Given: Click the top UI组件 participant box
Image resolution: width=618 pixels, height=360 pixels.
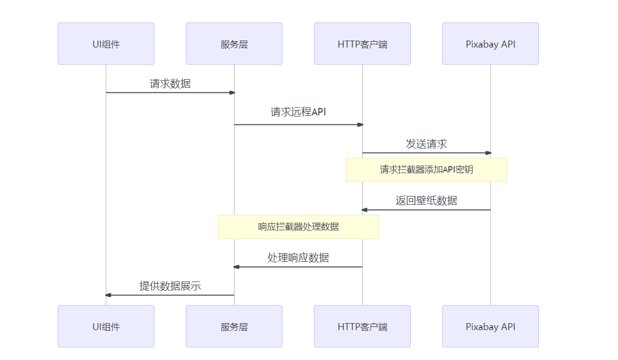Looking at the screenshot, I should (106, 44).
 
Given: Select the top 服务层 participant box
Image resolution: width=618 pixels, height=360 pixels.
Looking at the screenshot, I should (234, 44).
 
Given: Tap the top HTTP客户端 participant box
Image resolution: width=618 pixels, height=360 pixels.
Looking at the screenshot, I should (362, 44).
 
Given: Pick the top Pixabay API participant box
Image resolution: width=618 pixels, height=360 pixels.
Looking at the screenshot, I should (490, 44).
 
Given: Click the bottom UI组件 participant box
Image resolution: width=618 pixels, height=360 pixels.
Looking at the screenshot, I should (106, 326).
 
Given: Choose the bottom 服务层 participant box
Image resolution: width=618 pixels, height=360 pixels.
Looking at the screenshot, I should (234, 326).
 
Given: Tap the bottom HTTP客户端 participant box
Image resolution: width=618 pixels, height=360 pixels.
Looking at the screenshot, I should (362, 326).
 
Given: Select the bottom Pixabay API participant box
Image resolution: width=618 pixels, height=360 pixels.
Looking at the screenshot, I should (490, 326).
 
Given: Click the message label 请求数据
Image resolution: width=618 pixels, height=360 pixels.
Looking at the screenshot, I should (170, 84).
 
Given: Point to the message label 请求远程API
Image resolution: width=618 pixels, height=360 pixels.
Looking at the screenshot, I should (298, 112).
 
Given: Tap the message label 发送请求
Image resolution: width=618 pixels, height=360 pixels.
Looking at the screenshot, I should (426, 144).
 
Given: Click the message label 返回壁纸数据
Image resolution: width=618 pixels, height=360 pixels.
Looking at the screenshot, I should (426, 201).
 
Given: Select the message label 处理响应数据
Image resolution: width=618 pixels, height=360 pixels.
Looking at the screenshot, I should (298, 258).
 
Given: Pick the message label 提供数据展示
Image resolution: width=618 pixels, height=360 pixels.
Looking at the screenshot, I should (170, 286).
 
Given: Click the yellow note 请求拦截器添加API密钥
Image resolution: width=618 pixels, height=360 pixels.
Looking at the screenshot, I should (426, 170).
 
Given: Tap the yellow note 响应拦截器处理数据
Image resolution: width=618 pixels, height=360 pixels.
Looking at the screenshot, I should (298, 227).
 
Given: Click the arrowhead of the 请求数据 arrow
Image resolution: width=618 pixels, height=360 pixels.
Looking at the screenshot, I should (232, 92).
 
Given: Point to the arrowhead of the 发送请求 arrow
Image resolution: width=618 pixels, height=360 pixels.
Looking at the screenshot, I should (488, 153).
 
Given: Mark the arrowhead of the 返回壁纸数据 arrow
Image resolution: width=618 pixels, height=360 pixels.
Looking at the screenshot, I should (364, 210).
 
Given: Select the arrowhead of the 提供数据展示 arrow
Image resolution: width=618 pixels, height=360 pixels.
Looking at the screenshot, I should (108, 295).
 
